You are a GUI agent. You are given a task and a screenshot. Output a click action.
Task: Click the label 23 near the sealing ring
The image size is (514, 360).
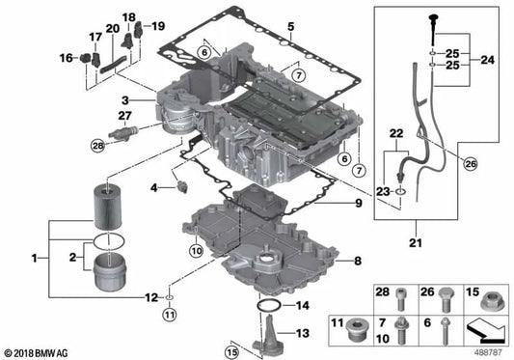tap(383, 191)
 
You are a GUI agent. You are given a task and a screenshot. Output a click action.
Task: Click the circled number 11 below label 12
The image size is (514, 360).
tap(170, 313)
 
